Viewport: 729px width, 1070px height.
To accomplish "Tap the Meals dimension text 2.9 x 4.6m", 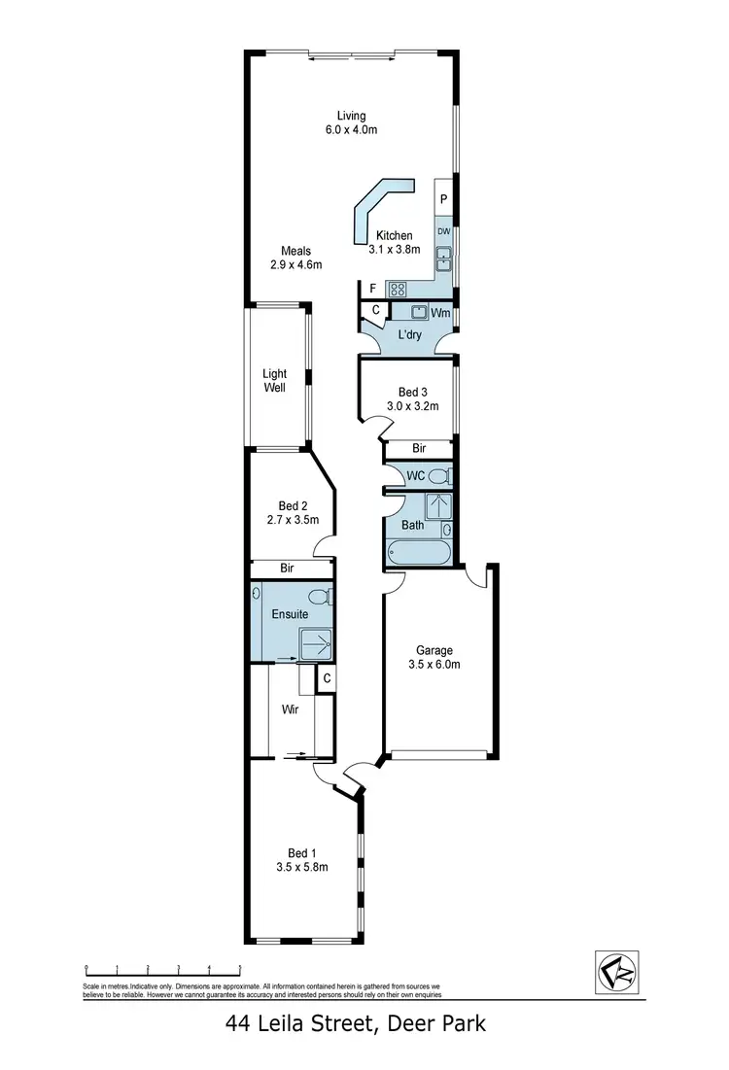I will [x=296, y=264].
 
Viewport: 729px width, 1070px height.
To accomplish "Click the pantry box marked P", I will [x=443, y=200].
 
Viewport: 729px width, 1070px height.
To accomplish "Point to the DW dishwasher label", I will [x=443, y=231].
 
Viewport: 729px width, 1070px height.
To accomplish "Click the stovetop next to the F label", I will [x=398, y=289].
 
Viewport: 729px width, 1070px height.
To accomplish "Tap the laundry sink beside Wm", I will [x=420, y=312].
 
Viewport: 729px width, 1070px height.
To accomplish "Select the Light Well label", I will [x=275, y=380].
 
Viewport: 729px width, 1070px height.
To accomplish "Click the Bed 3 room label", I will [x=406, y=393].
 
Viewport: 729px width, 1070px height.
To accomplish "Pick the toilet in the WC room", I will [x=439, y=476].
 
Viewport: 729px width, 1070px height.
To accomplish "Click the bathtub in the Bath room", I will [x=419, y=553].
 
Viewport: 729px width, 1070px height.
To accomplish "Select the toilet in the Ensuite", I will [x=320, y=596].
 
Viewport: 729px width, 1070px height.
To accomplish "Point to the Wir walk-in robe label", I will [x=290, y=709].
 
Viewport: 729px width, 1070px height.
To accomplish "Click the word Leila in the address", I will [x=290, y=1022].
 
